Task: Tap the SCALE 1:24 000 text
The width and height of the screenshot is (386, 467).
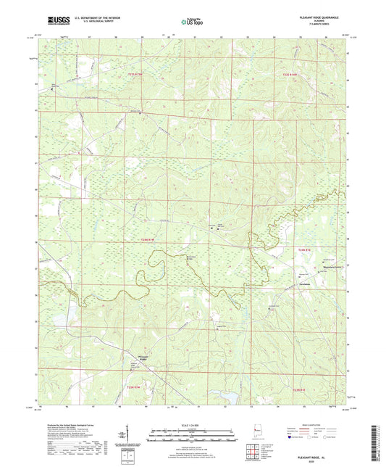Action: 193,424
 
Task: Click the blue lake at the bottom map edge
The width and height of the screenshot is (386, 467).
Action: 232,397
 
